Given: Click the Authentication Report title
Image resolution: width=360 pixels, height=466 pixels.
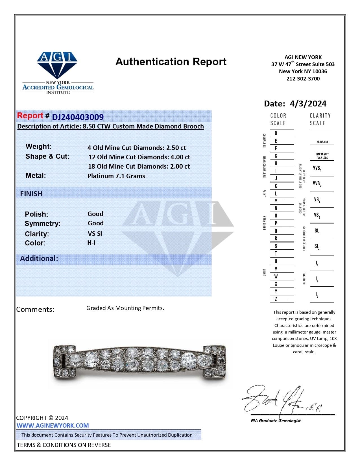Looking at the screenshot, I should tap(171, 62).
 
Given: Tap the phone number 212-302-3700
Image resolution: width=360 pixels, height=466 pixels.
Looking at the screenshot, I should tap(303, 79).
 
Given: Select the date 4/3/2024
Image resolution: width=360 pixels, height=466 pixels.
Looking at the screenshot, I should tap(308, 104).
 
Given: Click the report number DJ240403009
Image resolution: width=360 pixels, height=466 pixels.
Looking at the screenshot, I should tap(78, 117).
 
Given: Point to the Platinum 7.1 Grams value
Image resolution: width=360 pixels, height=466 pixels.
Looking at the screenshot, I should tap(116, 176).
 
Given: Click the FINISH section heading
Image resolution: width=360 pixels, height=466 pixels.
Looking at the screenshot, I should tap(31, 194).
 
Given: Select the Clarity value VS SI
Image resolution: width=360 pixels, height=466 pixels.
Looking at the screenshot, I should tap(95, 234).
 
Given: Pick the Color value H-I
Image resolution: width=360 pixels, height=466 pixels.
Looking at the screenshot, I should tap(91, 243).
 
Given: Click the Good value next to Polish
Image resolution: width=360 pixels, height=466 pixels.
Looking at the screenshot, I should tap(95, 214).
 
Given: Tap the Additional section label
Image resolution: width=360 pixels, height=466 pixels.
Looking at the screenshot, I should tap(39, 258).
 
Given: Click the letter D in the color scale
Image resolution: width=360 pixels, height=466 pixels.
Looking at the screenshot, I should tap(276, 133).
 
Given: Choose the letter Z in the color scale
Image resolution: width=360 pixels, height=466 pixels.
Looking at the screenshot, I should tap(276, 299).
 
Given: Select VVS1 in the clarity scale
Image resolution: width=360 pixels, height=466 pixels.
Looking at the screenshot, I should tap(317, 168).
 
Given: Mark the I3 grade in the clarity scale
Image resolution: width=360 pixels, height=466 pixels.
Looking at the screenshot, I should tap(317, 295).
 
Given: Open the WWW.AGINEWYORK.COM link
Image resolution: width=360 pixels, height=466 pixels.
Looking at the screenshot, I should tap(53, 425).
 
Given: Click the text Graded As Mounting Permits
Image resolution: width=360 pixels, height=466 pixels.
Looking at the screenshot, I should tap(125, 308).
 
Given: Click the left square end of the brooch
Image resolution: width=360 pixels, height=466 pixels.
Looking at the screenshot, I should tap(64, 362).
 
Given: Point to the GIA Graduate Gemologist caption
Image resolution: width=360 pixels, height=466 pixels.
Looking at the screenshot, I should tap(276, 421).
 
